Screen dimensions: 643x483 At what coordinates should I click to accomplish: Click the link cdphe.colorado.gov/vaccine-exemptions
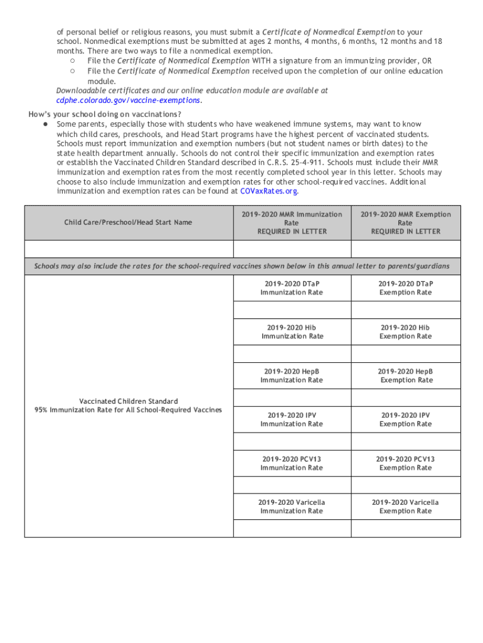click(129, 100)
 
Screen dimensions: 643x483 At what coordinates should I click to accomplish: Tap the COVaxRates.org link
click(269, 191)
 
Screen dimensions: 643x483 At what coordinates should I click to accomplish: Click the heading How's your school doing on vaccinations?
click(105, 114)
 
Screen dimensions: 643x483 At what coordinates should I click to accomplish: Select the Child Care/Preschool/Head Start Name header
click(128, 222)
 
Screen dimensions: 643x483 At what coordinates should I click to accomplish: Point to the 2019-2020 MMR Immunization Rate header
click(292, 223)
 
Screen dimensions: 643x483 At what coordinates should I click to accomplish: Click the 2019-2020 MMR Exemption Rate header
click(405, 223)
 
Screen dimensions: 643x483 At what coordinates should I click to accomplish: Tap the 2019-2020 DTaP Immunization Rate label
click(292, 288)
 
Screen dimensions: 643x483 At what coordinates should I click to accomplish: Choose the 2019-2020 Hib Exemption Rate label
click(405, 332)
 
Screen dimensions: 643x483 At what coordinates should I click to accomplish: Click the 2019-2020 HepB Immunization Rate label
click(292, 376)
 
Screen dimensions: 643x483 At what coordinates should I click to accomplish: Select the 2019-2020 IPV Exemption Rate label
click(405, 419)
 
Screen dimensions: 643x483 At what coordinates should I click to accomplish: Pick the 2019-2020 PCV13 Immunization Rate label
click(292, 463)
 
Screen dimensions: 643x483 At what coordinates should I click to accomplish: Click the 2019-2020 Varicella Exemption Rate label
click(405, 506)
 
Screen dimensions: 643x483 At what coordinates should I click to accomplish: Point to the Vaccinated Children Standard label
click(128, 401)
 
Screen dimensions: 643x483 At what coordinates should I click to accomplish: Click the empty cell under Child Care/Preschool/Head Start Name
click(128, 249)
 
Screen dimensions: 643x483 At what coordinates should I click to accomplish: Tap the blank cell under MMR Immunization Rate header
click(292, 249)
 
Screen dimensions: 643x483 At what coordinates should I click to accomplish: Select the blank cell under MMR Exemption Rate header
click(405, 249)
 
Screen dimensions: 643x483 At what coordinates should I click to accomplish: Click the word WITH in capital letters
click(261, 61)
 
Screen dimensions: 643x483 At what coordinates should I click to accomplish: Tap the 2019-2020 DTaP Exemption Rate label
click(405, 288)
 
